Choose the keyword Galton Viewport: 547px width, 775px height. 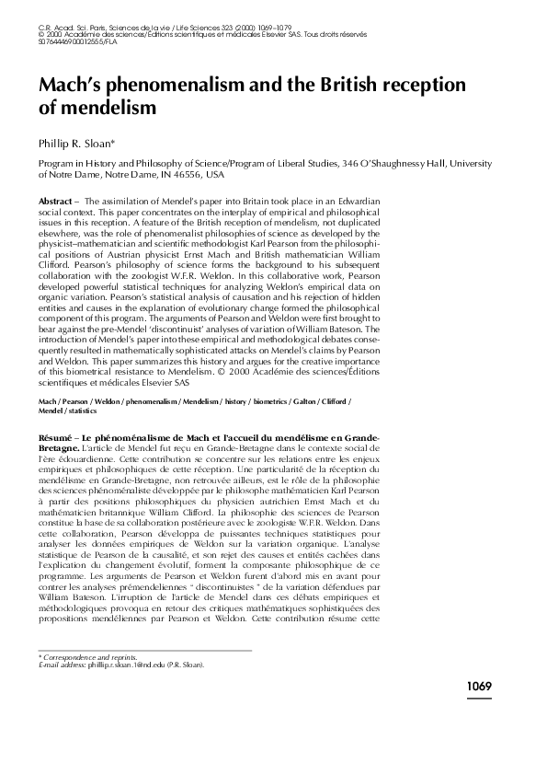coord(305,403)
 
